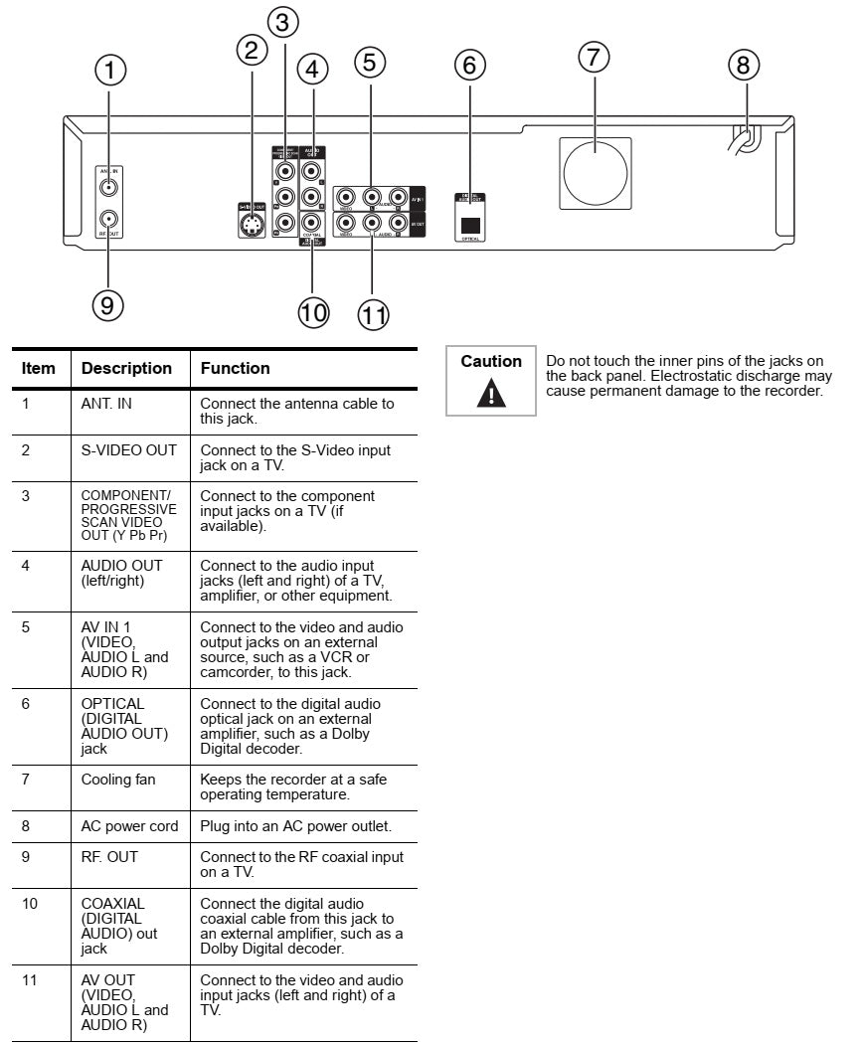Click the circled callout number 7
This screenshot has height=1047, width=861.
click(594, 58)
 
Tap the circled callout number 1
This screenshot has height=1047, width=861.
click(111, 70)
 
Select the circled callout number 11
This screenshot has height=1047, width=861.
click(373, 314)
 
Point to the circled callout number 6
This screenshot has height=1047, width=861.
click(469, 66)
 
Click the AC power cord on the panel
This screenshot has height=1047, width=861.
click(742, 140)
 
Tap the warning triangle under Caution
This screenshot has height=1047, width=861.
click(491, 394)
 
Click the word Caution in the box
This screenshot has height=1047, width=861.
click(491, 362)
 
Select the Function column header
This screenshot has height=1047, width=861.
click(236, 368)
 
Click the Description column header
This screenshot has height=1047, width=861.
click(126, 368)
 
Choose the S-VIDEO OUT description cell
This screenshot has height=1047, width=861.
click(129, 450)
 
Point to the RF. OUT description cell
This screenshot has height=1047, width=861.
click(111, 856)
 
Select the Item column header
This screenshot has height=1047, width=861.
click(39, 368)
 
